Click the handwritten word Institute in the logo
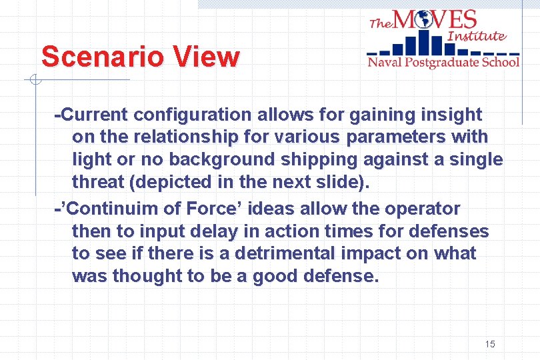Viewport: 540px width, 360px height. coord(477,36)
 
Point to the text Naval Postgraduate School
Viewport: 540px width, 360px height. coord(443,63)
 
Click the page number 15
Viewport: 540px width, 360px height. coord(490,344)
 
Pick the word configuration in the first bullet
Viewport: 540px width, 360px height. coord(190,115)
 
